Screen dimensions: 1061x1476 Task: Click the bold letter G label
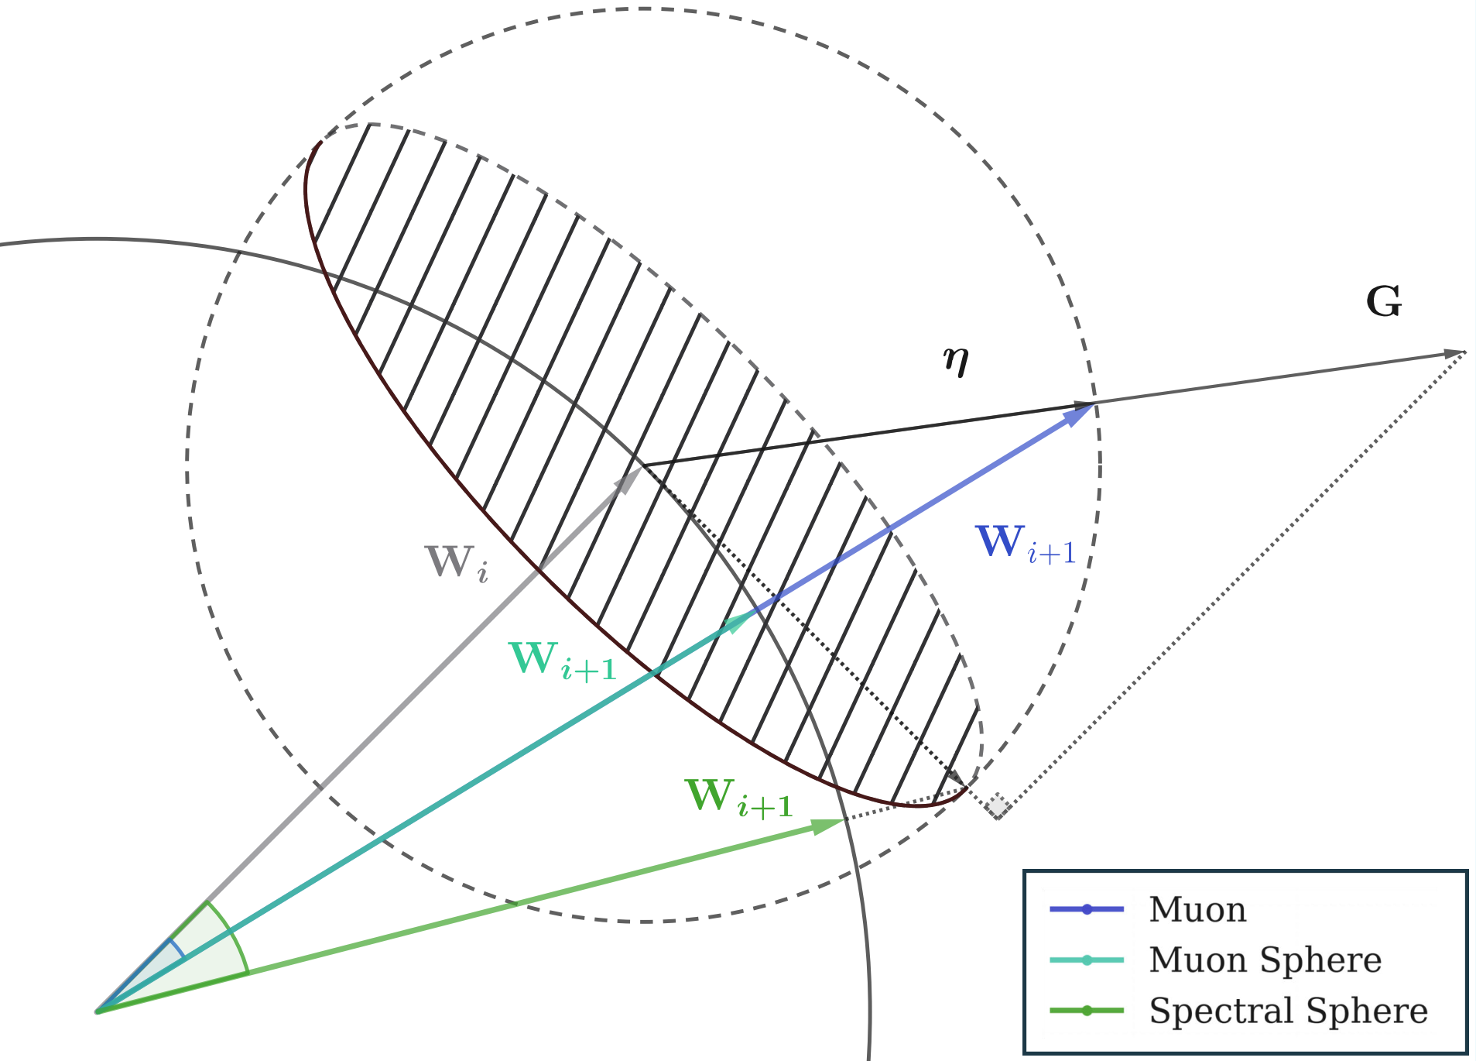[x=1384, y=302]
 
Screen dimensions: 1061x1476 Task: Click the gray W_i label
[x=456, y=563]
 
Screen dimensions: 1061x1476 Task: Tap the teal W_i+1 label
[x=562, y=661]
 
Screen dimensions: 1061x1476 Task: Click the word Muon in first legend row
[x=1197, y=909]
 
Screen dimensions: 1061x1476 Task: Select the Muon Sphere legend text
[x=1265, y=960]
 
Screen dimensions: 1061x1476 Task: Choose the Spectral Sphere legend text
[x=1288, y=1011]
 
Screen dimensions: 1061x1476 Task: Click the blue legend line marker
[x=1087, y=909]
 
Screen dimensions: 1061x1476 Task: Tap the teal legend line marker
[x=1087, y=960]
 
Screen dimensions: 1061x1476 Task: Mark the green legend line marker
[x=1087, y=1011]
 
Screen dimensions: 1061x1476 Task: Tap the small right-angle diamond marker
[x=998, y=807]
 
